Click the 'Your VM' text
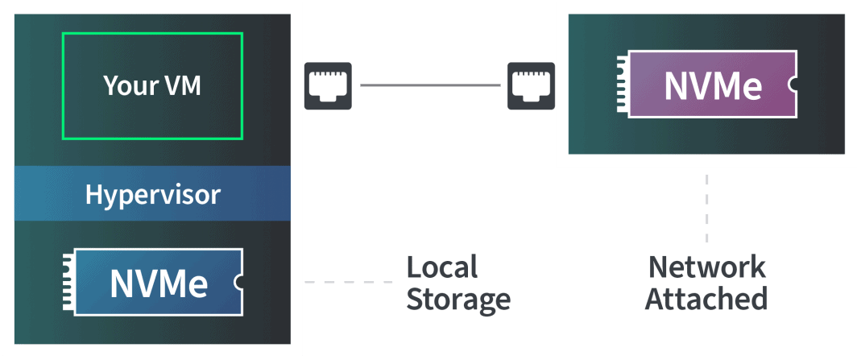click(152, 85)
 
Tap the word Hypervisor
click(152, 194)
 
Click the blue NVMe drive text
click(159, 282)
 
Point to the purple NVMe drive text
click(714, 85)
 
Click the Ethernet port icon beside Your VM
click(328, 85)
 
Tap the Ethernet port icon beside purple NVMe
click(532, 85)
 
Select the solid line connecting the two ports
click(430, 85)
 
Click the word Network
click(706, 267)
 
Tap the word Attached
click(706, 298)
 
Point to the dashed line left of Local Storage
click(349, 282)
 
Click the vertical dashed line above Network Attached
click(706, 208)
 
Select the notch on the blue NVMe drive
click(238, 282)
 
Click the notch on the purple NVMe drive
click(793, 84)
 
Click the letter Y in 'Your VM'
click(111, 85)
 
